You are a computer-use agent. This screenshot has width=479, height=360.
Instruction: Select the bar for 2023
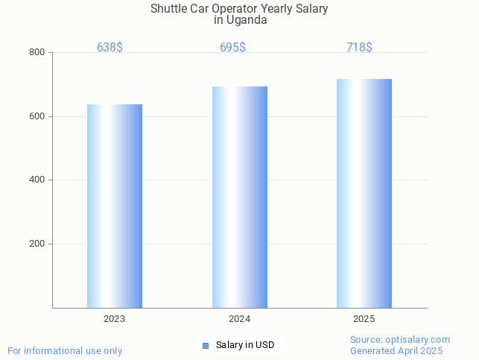(x=115, y=206)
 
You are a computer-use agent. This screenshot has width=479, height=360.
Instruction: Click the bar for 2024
(x=239, y=197)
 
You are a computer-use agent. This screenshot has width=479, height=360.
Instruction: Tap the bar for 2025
(x=364, y=193)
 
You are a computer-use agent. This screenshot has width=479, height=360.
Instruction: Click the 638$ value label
(x=110, y=48)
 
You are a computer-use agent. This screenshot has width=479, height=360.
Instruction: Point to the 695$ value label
(x=232, y=48)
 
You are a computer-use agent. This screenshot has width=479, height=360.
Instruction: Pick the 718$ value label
(x=359, y=48)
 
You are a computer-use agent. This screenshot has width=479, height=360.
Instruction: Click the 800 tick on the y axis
(x=37, y=53)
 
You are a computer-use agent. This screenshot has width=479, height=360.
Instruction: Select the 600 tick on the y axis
(x=37, y=116)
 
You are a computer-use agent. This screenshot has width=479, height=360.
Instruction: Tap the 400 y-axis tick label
(x=37, y=180)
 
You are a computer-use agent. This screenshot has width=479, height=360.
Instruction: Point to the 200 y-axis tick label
(x=37, y=244)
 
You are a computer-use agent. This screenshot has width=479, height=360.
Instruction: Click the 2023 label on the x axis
(x=114, y=319)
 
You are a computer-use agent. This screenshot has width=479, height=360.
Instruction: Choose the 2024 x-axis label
(x=239, y=319)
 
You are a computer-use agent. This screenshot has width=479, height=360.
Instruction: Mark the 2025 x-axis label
(x=364, y=319)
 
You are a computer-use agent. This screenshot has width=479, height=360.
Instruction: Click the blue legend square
(x=206, y=345)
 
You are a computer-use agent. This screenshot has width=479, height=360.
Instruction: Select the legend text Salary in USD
(x=245, y=345)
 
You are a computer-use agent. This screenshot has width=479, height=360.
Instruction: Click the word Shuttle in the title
(x=169, y=9)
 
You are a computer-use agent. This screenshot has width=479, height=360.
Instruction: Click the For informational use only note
(x=65, y=350)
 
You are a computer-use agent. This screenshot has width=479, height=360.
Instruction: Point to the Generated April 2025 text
(x=396, y=350)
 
